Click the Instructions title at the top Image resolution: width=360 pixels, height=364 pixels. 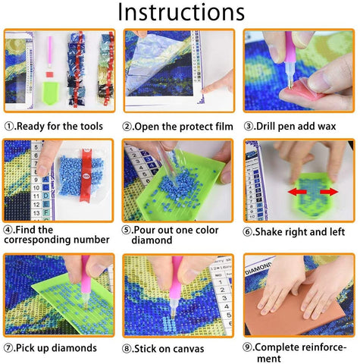point(181,12)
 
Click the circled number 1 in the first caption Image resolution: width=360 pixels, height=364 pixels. point(9,126)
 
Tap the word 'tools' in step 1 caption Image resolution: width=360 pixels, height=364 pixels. point(92,126)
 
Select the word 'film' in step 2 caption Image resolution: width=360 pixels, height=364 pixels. point(224,127)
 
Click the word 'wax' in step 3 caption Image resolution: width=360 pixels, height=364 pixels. point(327,126)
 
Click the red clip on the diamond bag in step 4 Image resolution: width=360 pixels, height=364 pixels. point(86,175)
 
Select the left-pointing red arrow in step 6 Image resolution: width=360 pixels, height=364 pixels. point(297,192)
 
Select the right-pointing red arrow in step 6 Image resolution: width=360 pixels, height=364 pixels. point(329,192)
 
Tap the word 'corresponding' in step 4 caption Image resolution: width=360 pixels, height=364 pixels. point(37,240)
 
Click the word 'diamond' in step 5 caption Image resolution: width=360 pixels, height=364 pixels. point(152,240)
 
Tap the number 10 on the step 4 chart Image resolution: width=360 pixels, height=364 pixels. point(36,187)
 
